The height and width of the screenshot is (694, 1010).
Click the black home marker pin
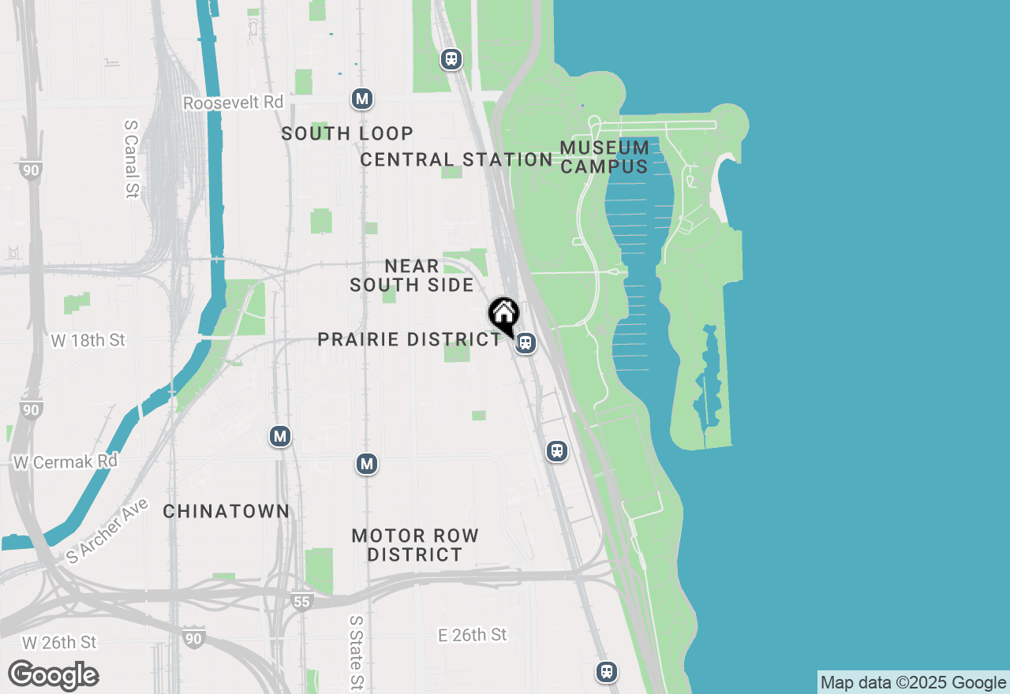[x=503, y=315]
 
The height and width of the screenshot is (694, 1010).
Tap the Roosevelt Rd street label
[x=233, y=103]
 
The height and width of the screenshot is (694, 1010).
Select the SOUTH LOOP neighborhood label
[x=347, y=133]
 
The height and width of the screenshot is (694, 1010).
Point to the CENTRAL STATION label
[x=456, y=159]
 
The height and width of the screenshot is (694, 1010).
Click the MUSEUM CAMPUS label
[x=604, y=157]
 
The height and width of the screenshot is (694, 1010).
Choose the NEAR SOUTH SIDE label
[x=412, y=275]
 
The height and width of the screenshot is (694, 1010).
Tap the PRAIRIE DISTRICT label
[x=409, y=339]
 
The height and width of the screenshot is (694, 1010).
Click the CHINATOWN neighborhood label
[x=226, y=511]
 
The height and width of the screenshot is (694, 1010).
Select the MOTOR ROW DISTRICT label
[x=415, y=545]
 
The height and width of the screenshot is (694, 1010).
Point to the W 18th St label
[x=88, y=341]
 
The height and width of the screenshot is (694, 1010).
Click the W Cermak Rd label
[x=65, y=461]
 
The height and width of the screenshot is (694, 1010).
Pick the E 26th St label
[x=473, y=634]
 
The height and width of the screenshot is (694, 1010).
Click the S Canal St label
[x=132, y=159]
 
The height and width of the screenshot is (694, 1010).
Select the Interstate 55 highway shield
[x=303, y=602]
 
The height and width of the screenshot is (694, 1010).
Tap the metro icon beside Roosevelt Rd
[x=362, y=99]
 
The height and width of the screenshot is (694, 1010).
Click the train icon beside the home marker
[x=526, y=344]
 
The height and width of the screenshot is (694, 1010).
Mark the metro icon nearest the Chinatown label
[x=280, y=435]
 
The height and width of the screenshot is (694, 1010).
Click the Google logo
[x=53, y=676]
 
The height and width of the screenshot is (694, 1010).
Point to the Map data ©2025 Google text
[x=913, y=682]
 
